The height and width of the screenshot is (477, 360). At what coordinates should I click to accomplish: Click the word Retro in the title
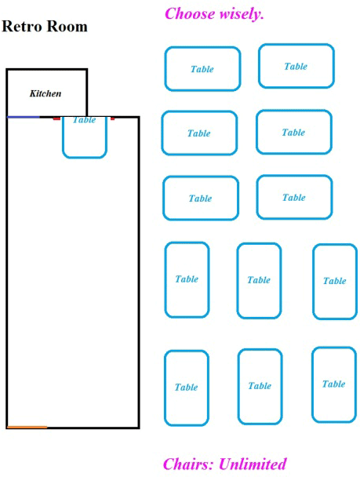point(23,26)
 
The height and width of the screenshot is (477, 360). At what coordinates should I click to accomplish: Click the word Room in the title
point(67,26)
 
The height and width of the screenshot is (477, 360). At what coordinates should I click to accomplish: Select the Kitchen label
point(45,93)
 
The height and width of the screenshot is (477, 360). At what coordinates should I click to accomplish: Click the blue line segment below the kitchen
point(24,117)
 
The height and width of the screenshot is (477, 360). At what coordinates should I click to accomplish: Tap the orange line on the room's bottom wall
point(27,428)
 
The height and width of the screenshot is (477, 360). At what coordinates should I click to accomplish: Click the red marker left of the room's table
point(56,118)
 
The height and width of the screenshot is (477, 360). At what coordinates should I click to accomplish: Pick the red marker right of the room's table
point(112,118)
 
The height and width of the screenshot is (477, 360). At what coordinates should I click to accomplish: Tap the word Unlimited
point(253,464)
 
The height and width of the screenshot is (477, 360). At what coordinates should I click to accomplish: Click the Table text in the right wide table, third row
point(293,198)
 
